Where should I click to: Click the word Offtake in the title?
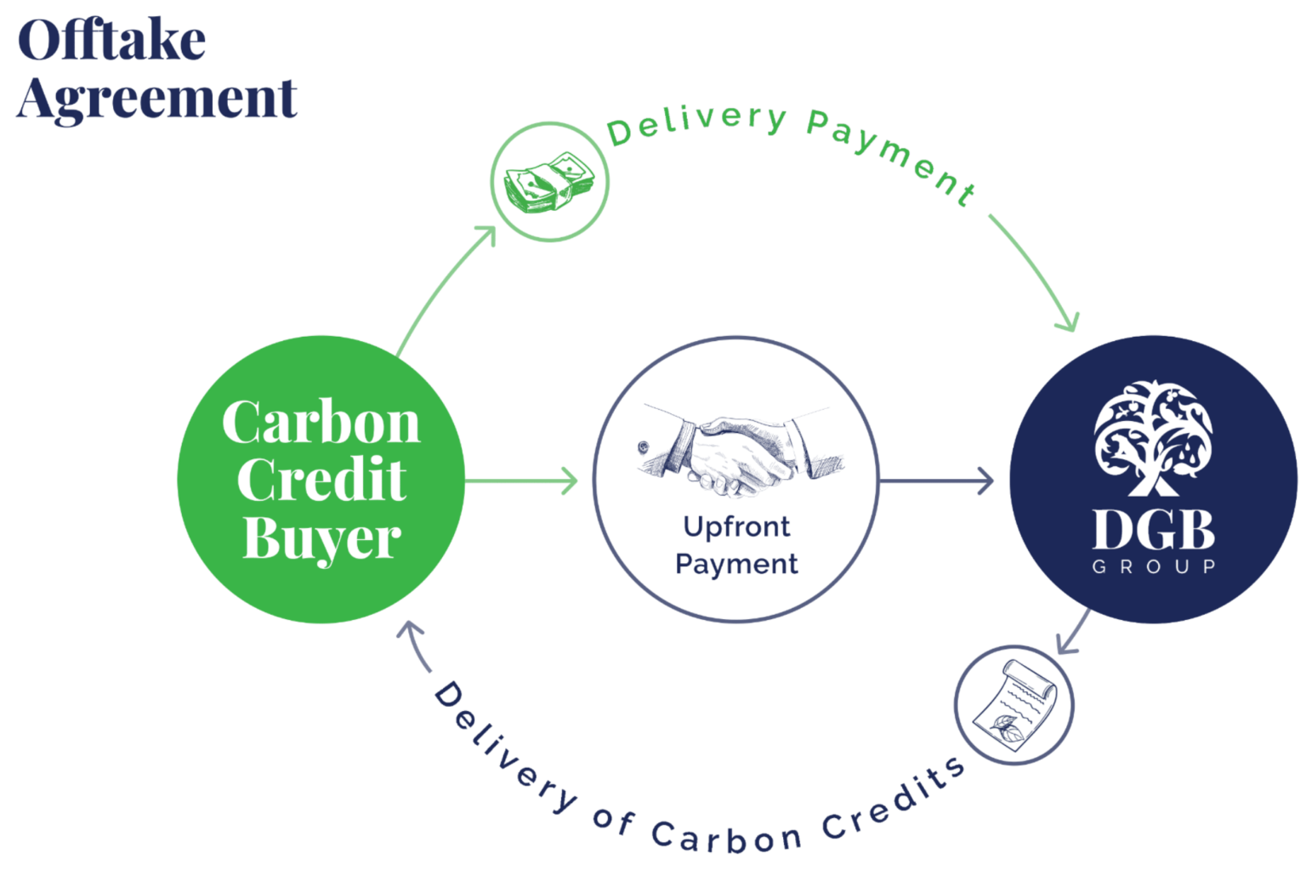[112, 41]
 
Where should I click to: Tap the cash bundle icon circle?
[549, 181]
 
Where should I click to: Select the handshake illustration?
[735, 449]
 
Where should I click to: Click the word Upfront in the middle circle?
[736, 527]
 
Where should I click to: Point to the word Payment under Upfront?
[736, 564]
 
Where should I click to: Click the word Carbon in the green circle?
[321, 422]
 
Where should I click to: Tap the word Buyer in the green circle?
[321, 539]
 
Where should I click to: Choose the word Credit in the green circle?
[321, 481]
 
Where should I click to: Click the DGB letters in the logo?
[1153, 532]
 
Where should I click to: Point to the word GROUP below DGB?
[1154, 566]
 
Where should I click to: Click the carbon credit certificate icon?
[1014, 705]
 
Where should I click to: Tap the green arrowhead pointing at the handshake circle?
[570, 481]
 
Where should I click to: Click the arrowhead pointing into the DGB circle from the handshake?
[986, 481]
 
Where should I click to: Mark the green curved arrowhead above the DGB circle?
[1068, 321]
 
